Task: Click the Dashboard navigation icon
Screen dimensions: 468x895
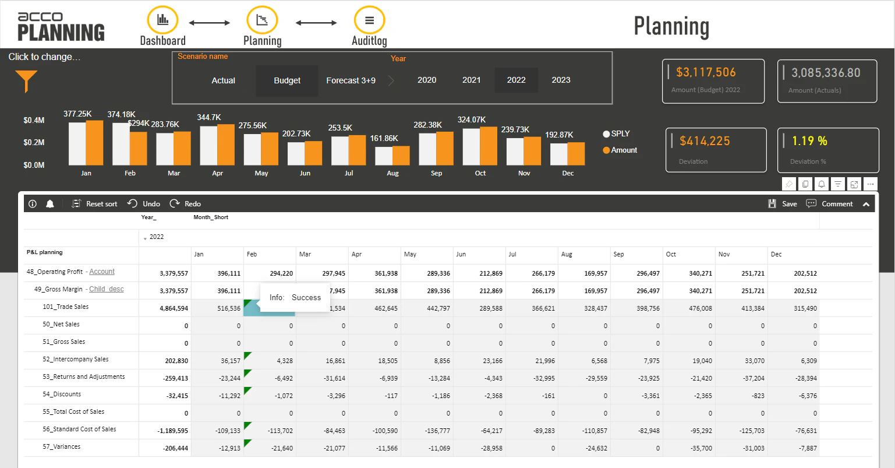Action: pyautogui.click(x=162, y=20)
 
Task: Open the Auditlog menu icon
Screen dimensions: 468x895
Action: pyautogui.click(x=369, y=20)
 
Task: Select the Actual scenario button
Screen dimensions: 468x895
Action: pyautogui.click(x=223, y=80)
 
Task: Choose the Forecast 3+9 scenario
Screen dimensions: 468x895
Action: pyautogui.click(x=351, y=80)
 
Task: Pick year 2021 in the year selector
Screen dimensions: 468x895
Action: pyautogui.click(x=471, y=80)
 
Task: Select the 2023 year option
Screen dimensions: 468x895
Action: pyautogui.click(x=561, y=80)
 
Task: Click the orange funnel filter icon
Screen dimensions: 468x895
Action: pyautogui.click(x=26, y=80)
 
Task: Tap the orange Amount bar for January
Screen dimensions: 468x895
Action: pyautogui.click(x=94, y=143)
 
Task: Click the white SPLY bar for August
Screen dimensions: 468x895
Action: pyautogui.click(x=384, y=156)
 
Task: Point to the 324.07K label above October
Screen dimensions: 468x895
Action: pyautogui.click(x=471, y=119)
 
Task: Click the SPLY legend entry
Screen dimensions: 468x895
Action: pyautogui.click(x=617, y=133)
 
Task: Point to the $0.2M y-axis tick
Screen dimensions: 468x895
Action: pyautogui.click(x=34, y=142)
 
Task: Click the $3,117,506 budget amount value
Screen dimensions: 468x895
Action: pyautogui.click(x=706, y=72)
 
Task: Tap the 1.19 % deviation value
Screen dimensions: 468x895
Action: pyautogui.click(x=809, y=141)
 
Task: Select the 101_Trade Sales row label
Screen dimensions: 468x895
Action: pyautogui.click(x=65, y=307)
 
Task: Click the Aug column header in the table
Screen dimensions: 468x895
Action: pyautogui.click(x=567, y=254)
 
